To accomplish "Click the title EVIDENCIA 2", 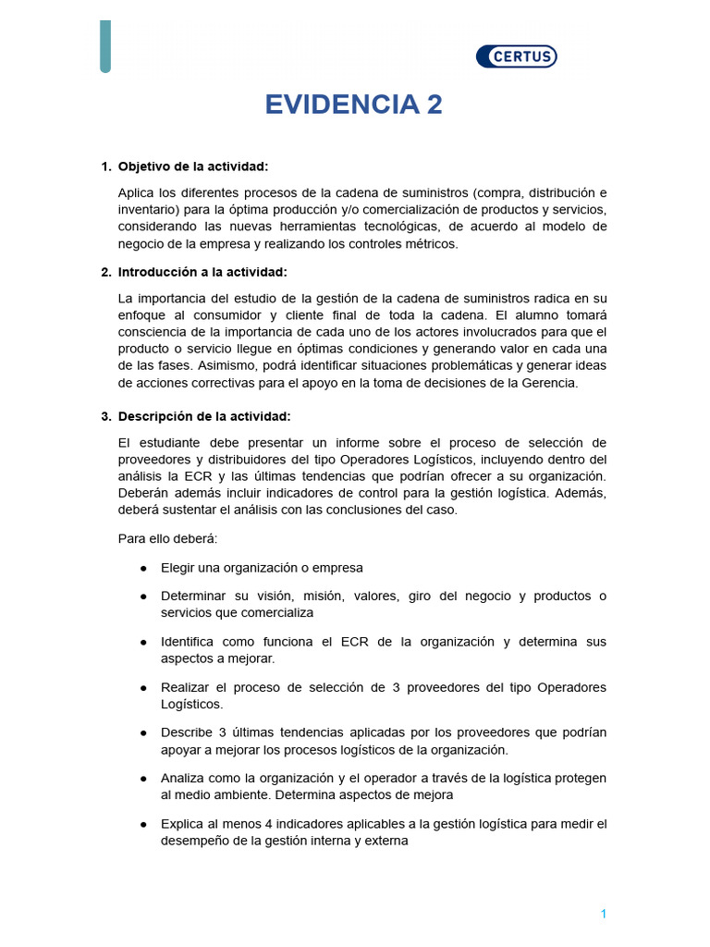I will coord(354,105).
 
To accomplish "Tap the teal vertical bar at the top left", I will coord(105,46).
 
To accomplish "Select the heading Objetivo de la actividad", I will coord(193,166).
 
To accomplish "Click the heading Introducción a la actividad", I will coord(202,272).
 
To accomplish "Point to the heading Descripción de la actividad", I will coord(204,416).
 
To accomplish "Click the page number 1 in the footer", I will coord(603,914).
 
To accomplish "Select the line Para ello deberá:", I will coord(167,538).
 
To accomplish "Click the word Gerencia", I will coord(551,384).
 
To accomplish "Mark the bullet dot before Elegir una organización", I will coord(143,568).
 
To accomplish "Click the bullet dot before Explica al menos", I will coord(143,823).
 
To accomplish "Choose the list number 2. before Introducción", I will coord(105,272).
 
